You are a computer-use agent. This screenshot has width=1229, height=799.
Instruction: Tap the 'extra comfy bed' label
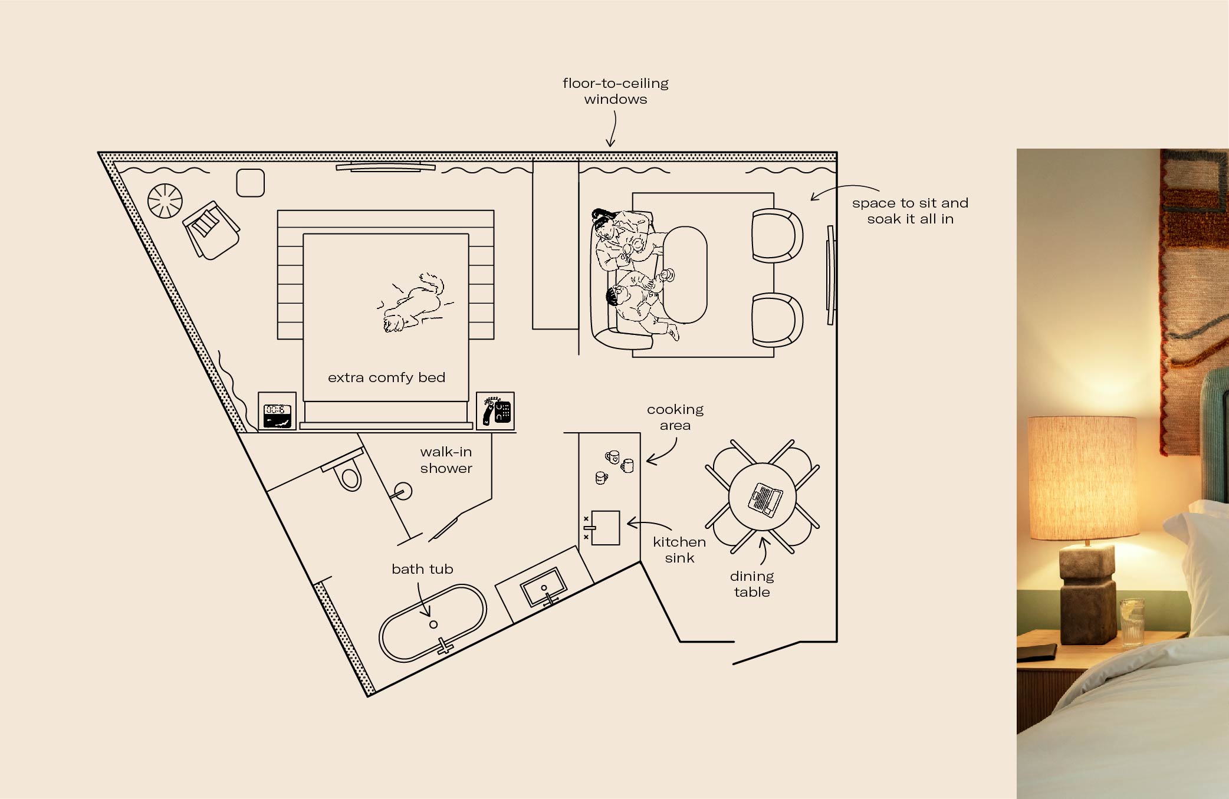[386, 377]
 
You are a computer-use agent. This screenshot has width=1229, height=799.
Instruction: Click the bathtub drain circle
[433, 624]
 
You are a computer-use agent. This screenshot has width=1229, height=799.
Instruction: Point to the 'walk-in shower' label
[446, 460]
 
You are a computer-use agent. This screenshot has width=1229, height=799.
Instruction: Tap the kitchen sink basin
[606, 528]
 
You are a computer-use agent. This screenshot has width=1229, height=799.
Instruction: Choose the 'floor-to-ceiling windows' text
[615, 91]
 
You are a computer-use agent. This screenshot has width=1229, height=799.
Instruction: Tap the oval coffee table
[685, 275]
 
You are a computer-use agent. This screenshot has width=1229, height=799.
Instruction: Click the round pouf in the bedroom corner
[165, 200]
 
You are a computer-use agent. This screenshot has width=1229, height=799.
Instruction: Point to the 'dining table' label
[751, 584]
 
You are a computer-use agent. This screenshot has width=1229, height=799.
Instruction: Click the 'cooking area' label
[675, 417]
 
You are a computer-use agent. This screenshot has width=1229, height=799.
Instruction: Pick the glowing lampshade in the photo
[1082, 478]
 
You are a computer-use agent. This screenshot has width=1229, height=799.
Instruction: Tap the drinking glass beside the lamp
[1131, 623]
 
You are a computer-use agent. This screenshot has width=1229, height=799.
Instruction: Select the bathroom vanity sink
[543, 587]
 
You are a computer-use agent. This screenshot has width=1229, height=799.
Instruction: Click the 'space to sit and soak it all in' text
[910, 211]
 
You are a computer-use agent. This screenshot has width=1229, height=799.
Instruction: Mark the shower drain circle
[404, 491]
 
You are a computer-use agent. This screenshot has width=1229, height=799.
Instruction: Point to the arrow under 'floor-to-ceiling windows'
[612, 130]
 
